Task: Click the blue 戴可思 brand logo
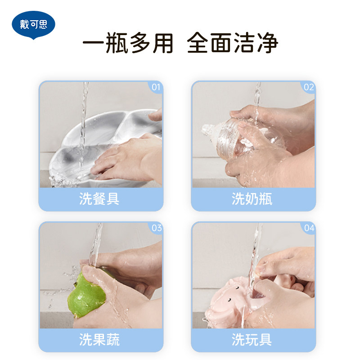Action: [x=33, y=25]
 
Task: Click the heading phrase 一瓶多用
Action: [x=128, y=43]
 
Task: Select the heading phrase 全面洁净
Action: [x=232, y=43]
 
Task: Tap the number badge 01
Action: [x=156, y=87]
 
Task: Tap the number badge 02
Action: [x=309, y=87]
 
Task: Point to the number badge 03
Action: [x=157, y=228]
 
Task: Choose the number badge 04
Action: [x=309, y=228]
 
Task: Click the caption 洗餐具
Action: [x=99, y=199]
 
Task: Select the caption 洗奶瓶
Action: [x=252, y=199]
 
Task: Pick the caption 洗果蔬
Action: [x=99, y=340]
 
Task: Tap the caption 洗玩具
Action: [x=252, y=340]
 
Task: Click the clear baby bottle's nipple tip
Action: [x=205, y=129]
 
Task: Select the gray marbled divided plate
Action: [x=103, y=147]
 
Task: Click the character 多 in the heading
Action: [x=140, y=43]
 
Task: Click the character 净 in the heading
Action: [x=267, y=43]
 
